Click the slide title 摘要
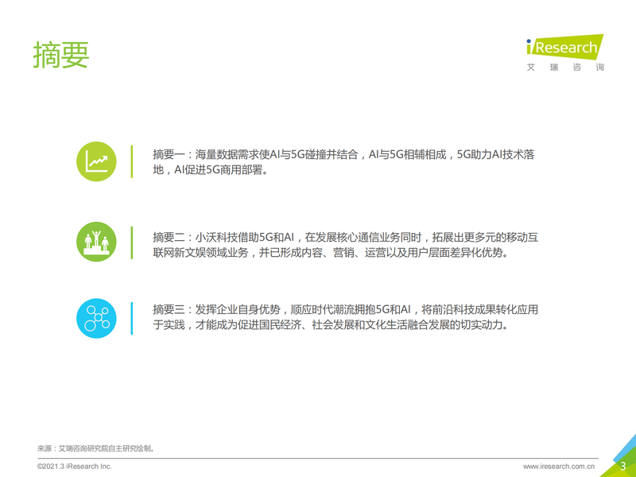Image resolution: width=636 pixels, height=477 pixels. point(61,54)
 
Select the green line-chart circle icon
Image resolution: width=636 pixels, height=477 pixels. point(96,161)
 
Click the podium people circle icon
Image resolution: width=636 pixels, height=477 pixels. point(96,242)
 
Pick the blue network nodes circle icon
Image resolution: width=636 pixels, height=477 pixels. point(96,319)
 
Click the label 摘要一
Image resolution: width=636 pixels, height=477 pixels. point(169,154)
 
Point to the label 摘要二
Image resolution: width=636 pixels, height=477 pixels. point(169,237)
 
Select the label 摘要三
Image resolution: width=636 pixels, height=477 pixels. point(169,309)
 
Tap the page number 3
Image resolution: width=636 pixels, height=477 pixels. point(623,466)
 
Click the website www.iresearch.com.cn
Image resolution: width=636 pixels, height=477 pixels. point(559,467)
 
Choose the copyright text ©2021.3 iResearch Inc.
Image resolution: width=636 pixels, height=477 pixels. point(74,467)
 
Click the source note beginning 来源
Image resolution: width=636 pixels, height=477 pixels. point(95,448)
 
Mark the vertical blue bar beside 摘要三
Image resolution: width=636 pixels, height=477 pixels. point(131,319)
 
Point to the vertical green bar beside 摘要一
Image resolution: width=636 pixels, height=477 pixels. point(131,161)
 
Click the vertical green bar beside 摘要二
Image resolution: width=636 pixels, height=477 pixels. point(131,242)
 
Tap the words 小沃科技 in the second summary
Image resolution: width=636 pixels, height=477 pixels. point(216,237)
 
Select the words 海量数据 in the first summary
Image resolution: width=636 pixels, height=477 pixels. point(216,154)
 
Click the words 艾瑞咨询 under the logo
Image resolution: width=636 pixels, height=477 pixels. point(565,67)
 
